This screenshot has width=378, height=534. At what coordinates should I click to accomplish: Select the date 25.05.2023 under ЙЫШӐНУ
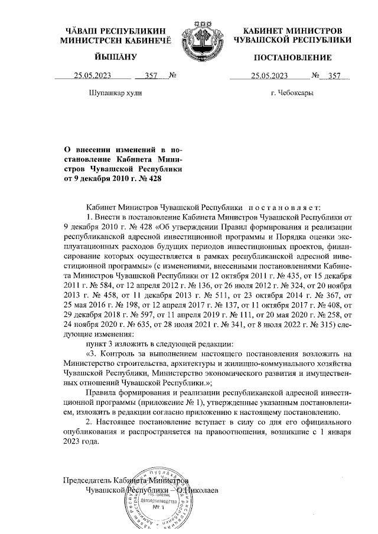pos(93,76)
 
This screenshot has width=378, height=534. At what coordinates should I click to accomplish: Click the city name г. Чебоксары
pos(292,93)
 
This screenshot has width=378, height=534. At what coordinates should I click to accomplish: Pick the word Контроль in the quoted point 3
pos(118,353)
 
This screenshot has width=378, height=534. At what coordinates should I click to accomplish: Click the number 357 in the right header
pos(335,76)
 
